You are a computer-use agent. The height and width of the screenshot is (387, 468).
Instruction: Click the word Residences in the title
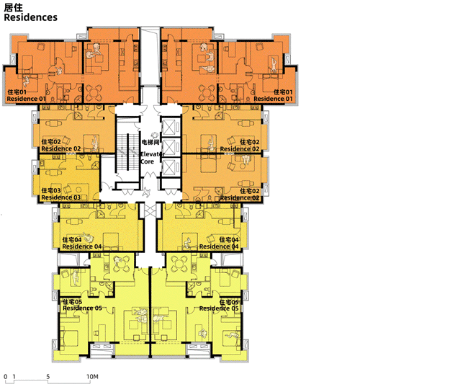click(30, 17)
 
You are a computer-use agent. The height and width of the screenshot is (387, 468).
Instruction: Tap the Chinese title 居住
click(14, 7)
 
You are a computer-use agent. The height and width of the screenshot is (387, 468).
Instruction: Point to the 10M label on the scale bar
click(92, 376)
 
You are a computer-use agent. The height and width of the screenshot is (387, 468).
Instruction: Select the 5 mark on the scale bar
click(48, 376)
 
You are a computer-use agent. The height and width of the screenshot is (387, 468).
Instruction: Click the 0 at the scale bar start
click(6, 376)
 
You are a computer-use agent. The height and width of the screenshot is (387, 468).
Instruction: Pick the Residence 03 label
click(60, 197)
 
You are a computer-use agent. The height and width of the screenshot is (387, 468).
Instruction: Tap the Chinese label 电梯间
click(150, 142)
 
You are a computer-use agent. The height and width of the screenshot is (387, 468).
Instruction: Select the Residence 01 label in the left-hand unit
click(26, 99)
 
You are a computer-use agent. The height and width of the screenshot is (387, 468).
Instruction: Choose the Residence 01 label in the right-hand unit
click(273, 99)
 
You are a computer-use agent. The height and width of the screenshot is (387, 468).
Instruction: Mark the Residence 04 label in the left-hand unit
click(82, 246)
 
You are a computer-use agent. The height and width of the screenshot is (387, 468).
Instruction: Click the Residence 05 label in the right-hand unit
click(219, 308)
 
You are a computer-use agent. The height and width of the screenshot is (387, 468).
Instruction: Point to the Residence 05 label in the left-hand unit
click(82, 308)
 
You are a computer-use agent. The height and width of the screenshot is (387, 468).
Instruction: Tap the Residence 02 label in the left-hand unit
click(60, 148)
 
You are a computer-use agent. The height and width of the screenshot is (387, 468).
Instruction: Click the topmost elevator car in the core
click(171, 128)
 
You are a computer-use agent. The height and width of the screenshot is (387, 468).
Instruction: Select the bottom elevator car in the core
click(171, 167)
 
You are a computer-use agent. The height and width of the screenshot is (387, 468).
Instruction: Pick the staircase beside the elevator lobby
click(127, 152)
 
